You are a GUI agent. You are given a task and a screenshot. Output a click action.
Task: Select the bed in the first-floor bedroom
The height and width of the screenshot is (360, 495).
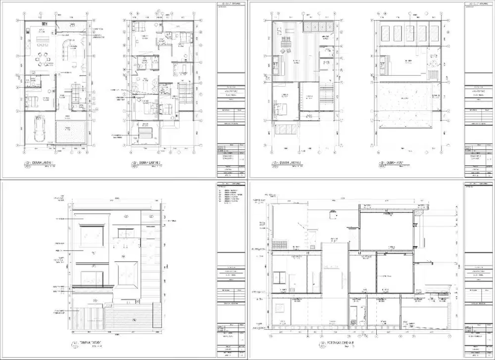point(33,101)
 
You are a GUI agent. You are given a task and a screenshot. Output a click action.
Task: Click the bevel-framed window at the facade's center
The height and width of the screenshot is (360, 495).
point(127,272)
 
